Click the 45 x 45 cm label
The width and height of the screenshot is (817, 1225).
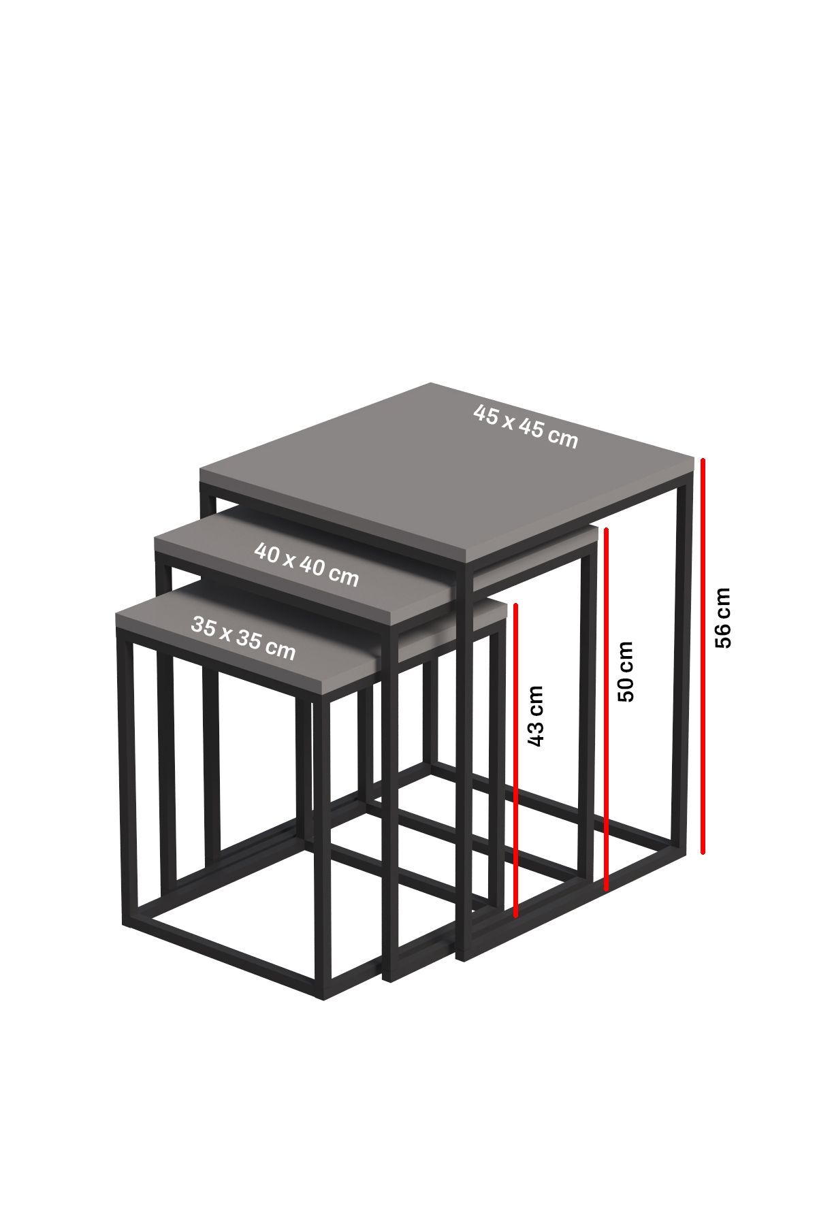point(526,426)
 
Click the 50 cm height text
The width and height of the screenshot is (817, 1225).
point(625,671)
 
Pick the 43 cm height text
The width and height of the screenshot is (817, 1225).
point(535,716)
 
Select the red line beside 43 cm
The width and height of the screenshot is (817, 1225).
point(516,760)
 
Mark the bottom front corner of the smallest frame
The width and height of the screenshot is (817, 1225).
point(322,998)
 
